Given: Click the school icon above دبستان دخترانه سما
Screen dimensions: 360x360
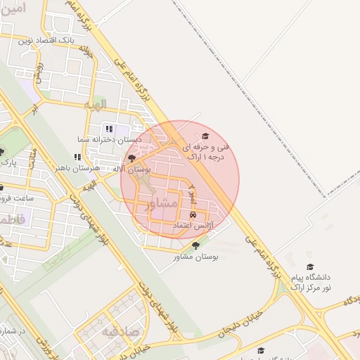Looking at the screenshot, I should [109, 129].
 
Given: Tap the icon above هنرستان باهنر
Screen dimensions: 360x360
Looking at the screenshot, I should [77, 157].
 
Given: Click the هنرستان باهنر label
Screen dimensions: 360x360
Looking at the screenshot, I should [77, 169].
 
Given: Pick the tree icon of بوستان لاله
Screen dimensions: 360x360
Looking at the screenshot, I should [131, 159].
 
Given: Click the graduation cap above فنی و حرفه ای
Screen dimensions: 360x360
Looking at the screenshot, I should [205, 136].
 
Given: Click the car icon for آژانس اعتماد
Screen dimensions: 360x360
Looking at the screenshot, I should [192, 214].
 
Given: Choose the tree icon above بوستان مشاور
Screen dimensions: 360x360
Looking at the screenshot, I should [195, 245].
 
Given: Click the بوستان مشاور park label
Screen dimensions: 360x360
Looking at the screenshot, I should [196, 257].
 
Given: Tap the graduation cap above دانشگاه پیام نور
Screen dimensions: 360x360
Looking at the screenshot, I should [310, 266].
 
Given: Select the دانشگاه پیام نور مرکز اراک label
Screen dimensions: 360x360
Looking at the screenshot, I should [310, 282].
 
